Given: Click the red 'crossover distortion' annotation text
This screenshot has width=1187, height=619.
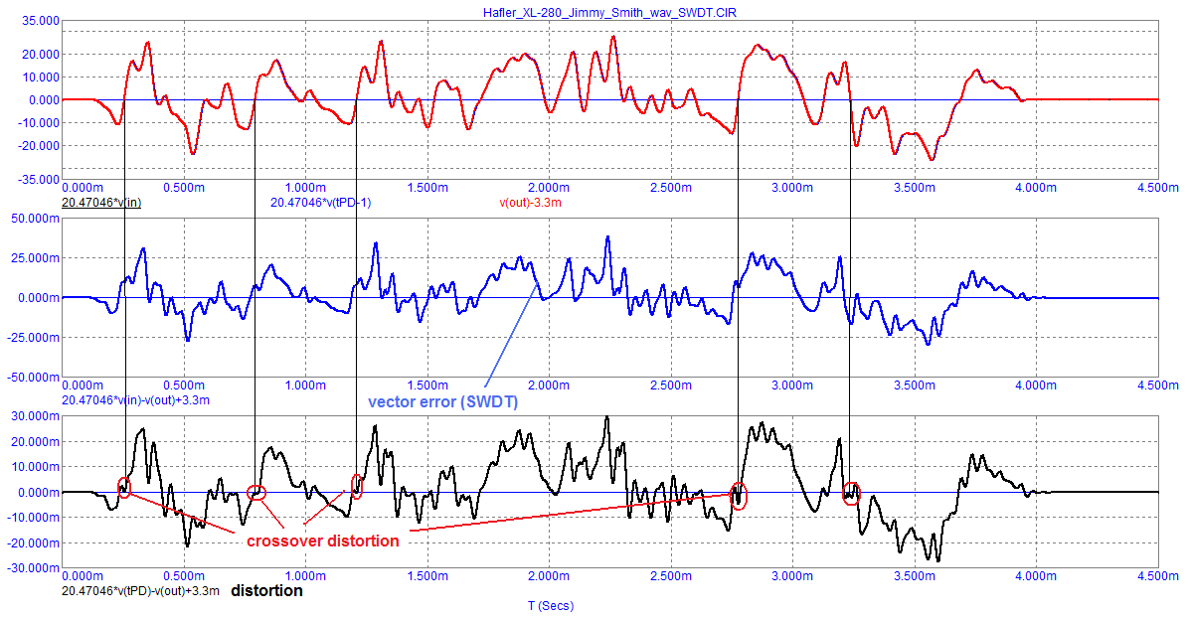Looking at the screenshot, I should [x=322, y=541].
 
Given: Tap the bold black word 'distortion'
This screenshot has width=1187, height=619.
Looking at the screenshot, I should [x=267, y=590].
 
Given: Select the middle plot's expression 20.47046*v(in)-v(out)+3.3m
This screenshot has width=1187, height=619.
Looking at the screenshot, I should [x=145, y=399].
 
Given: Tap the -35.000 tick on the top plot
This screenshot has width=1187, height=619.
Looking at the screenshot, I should [x=37, y=179].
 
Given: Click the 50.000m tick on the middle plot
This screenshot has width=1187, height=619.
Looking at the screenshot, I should [x=33, y=218].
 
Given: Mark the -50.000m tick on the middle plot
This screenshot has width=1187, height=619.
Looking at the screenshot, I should [x=31, y=378].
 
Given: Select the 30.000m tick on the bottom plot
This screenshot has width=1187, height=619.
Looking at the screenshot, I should [x=33, y=416].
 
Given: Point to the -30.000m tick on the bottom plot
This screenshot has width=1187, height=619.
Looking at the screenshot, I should [x=31, y=568].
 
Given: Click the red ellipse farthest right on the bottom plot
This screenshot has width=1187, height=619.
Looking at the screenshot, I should [x=851, y=494].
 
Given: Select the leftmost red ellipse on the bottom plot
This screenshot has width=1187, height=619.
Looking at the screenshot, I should [x=124, y=487].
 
